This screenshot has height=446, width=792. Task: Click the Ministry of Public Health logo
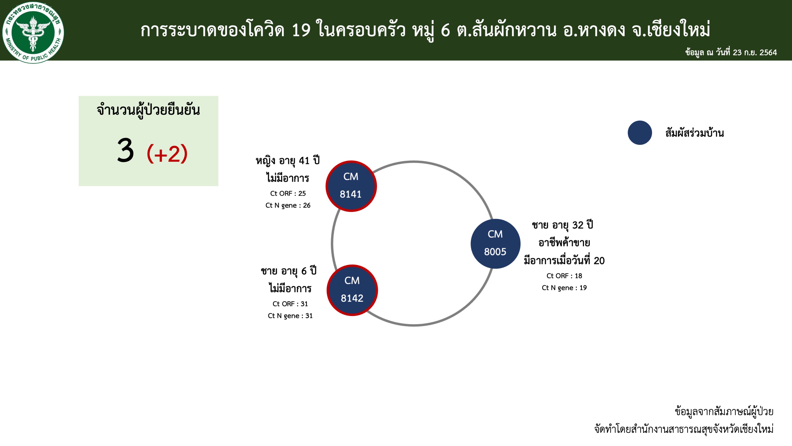click(33, 32)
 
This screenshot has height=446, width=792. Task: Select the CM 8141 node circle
click(351, 186)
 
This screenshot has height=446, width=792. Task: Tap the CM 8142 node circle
click(352, 290)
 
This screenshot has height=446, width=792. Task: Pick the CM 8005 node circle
click(495, 243)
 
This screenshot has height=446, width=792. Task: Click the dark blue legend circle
click(640, 133)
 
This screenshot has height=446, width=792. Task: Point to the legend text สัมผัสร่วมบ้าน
click(694, 133)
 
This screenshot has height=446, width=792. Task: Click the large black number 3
click(125, 150)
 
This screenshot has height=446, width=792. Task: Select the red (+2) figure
click(167, 153)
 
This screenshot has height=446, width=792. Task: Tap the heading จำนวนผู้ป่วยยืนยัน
click(148, 110)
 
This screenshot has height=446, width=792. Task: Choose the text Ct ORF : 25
click(288, 193)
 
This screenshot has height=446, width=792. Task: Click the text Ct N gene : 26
click(288, 205)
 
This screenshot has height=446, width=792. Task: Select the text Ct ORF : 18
click(564, 276)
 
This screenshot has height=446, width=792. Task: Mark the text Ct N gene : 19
click(564, 288)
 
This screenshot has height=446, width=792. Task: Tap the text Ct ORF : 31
click(290, 304)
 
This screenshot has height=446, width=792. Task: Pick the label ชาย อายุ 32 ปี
click(562, 225)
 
